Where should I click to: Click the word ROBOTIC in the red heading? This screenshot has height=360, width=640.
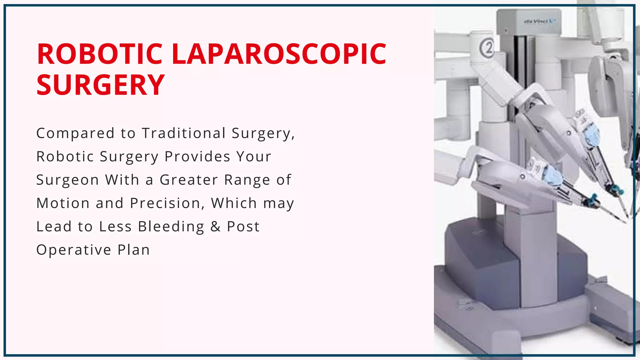(99, 54)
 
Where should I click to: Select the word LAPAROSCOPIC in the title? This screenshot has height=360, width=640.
(279, 54)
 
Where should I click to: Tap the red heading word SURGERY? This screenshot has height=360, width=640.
(100, 85)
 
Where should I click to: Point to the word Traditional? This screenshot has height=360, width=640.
(184, 133)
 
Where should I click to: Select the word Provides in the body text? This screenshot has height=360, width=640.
(197, 157)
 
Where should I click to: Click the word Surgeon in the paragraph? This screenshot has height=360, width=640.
(67, 180)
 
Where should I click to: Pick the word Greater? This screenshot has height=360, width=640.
(189, 180)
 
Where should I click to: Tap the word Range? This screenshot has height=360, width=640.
(247, 180)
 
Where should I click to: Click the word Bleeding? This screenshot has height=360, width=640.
(171, 227)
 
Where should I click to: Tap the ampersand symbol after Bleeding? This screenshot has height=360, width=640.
(215, 227)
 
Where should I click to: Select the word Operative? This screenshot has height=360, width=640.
(74, 250)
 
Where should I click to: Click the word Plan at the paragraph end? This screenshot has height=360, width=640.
(134, 250)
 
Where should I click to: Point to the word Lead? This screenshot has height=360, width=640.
(54, 227)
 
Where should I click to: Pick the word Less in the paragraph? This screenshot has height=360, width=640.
(115, 227)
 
